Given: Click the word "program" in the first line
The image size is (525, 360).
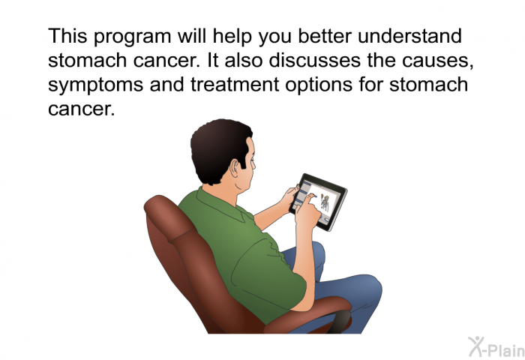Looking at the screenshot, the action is pos(132,37).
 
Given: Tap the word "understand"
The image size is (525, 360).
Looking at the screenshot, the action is pos(409,35).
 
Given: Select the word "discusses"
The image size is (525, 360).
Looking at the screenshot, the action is pos(315,60).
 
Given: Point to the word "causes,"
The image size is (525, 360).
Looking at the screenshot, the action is pos(437,61).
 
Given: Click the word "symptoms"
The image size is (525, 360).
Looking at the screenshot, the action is pos(96,85).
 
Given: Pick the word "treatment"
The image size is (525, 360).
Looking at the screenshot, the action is pos(235,85).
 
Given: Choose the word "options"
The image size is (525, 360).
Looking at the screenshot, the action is pos(319,85).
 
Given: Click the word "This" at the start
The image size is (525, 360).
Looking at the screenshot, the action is pos(68,35).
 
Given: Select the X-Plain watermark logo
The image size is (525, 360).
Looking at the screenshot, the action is pos(496,346).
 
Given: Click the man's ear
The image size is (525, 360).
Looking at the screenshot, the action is pos(235,168).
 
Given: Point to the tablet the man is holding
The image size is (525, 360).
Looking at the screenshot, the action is pos(318,202).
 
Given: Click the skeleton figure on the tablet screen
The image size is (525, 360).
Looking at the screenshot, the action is pos(325,203).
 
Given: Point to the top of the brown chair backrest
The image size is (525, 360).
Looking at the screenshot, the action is pos(160,203).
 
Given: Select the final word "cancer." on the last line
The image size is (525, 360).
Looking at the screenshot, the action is pos(81,109).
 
